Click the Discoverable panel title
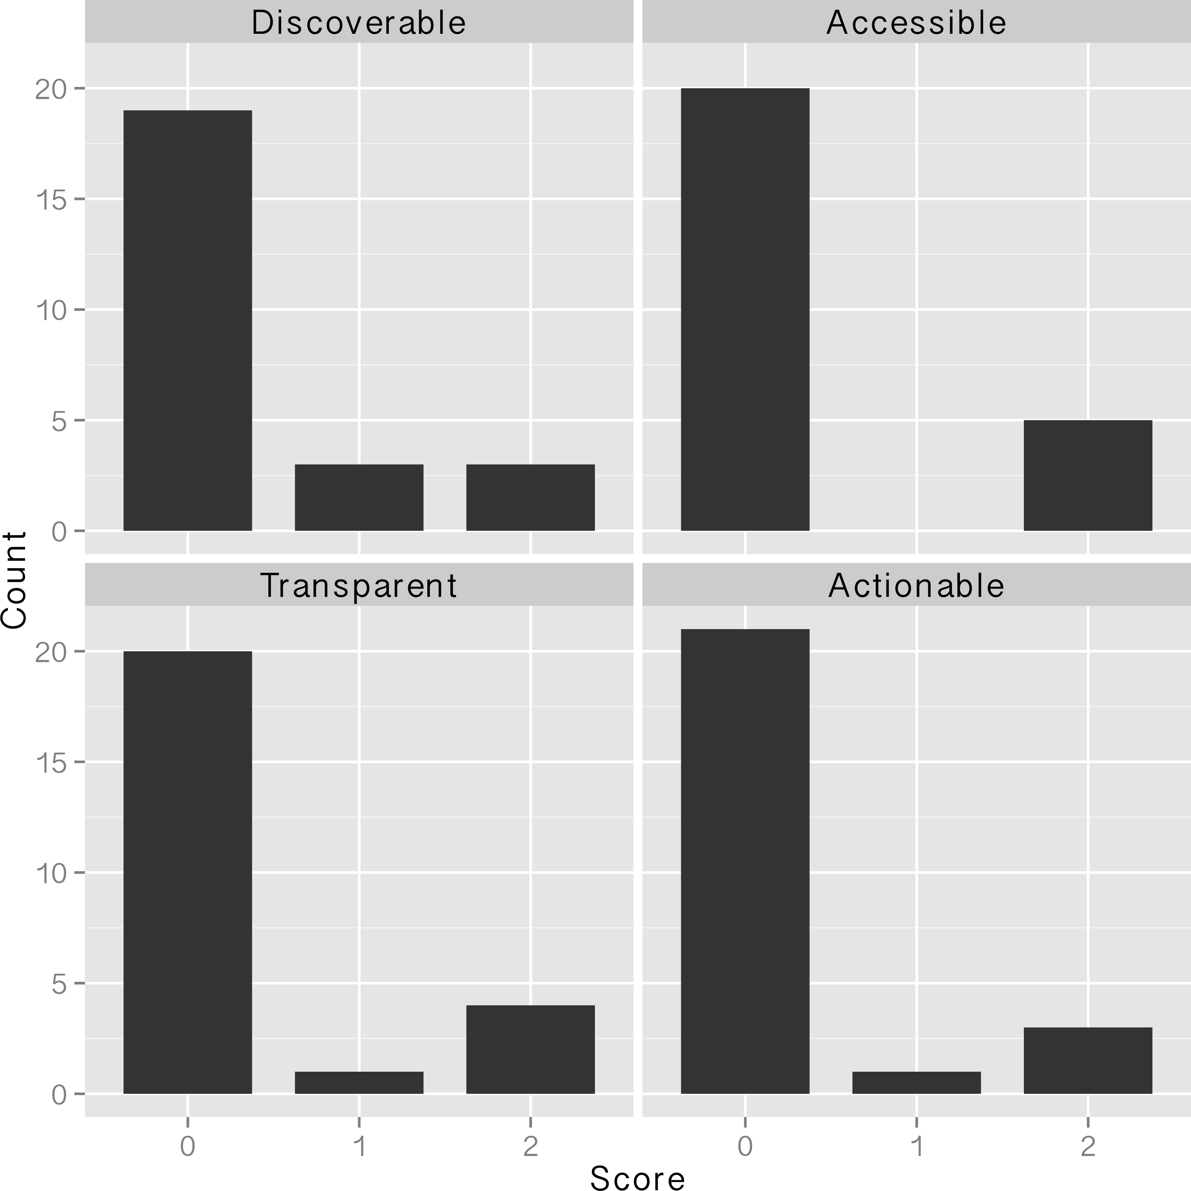coord(359,23)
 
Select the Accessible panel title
coord(916,23)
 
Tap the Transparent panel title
coord(359,586)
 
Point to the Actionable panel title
coord(916,586)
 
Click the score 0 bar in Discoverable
coord(187,321)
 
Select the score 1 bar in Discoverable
coord(359,497)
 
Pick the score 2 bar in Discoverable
coord(530,497)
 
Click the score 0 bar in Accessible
coord(745,309)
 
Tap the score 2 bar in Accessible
coord(1088,475)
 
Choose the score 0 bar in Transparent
coord(187,873)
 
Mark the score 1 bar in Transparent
coord(359,1083)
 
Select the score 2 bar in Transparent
coord(530,1050)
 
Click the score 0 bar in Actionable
coord(745,862)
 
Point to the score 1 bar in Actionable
coord(916,1083)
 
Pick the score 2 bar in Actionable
coord(1088,1061)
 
